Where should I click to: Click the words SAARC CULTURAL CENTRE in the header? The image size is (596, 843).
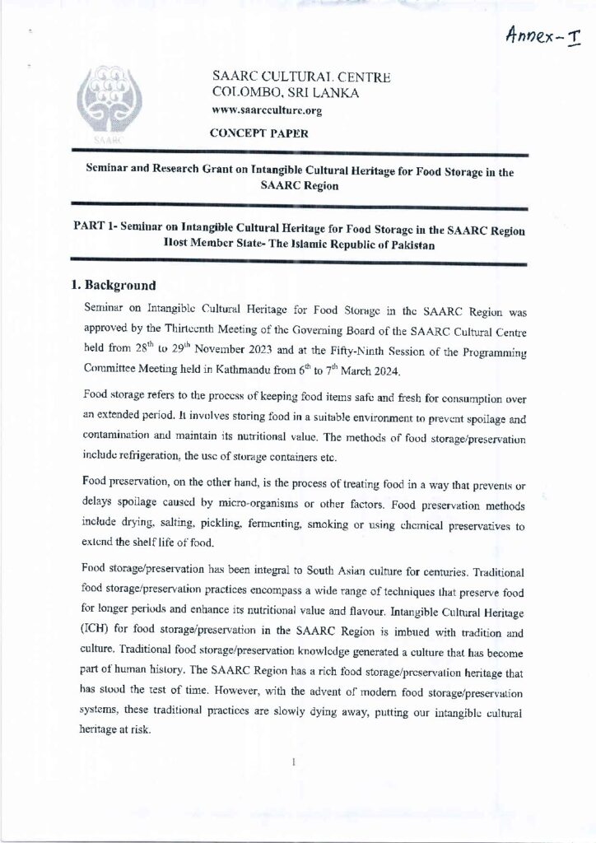tap(300, 78)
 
